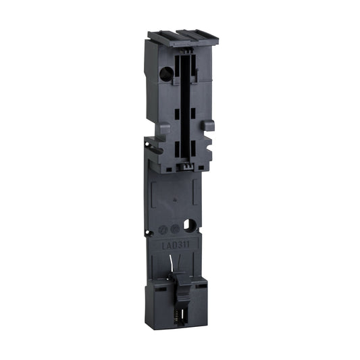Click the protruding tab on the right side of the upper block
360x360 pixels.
click(x=209, y=125)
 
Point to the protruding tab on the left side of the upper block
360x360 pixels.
click(x=152, y=147)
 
